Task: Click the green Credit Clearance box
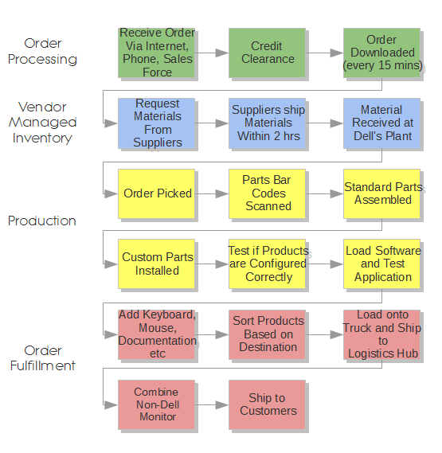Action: tap(268, 53)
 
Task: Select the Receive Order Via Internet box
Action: tap(157, 53)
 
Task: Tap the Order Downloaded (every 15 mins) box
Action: tap(382, 53)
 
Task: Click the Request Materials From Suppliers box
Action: tap(157, 123)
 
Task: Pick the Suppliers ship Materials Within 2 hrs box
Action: tap(268, 123)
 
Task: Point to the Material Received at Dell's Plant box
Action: tap(382, 123)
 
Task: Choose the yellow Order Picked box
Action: tap(157, 193)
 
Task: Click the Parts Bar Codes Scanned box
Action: tap(268, 193)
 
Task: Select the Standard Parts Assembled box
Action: tap(382, 193)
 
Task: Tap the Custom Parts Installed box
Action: tap(157, 264)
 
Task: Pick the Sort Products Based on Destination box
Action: tap(268, 334)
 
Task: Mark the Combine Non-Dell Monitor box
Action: tap(157, 404)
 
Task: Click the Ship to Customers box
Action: tap(268, 404)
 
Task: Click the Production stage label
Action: tap(42, 221)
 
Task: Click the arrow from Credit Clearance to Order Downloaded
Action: tap(325, 53)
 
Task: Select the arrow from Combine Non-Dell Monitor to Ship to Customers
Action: tap(212, 404)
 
